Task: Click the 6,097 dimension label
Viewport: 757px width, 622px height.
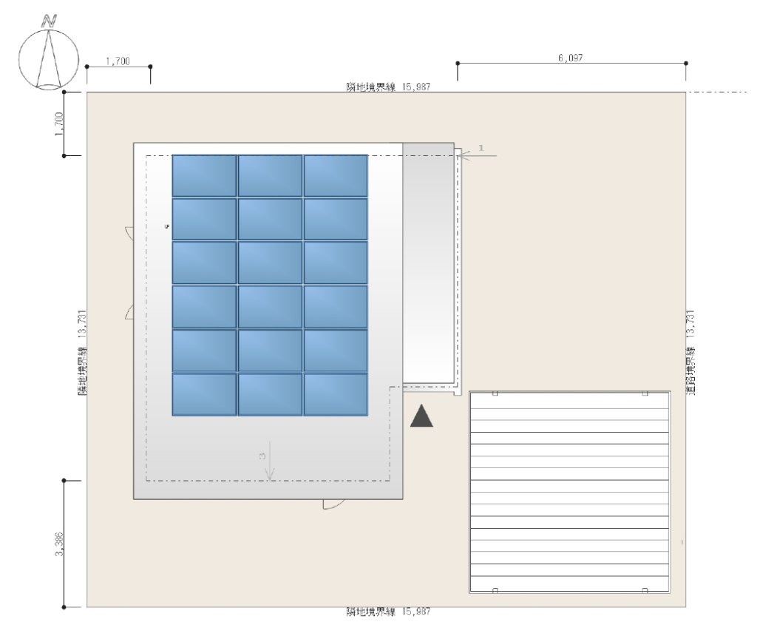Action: click(x=571, y=58)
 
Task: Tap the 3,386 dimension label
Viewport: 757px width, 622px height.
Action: click(x=59, y=544)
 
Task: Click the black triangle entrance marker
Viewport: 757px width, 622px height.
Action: click(x=421, y=416)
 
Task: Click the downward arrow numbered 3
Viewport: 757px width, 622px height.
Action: click(x=270, y=461)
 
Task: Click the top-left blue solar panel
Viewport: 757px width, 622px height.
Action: click(x=204, y=176)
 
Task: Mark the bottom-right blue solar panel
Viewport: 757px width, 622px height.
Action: click(x=336, y=394)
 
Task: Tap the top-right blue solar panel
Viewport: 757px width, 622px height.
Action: click(x=336, y=176)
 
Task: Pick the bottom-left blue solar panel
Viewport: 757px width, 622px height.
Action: click(x=204, y=394)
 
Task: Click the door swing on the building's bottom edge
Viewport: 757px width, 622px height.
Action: click(x=333, y=504)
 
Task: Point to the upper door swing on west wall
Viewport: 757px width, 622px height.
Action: click(x=129, y=232)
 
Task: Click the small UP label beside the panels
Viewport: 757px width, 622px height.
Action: click(x=167, y=226)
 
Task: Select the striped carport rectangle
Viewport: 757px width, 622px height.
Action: click(x=570, y=492)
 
